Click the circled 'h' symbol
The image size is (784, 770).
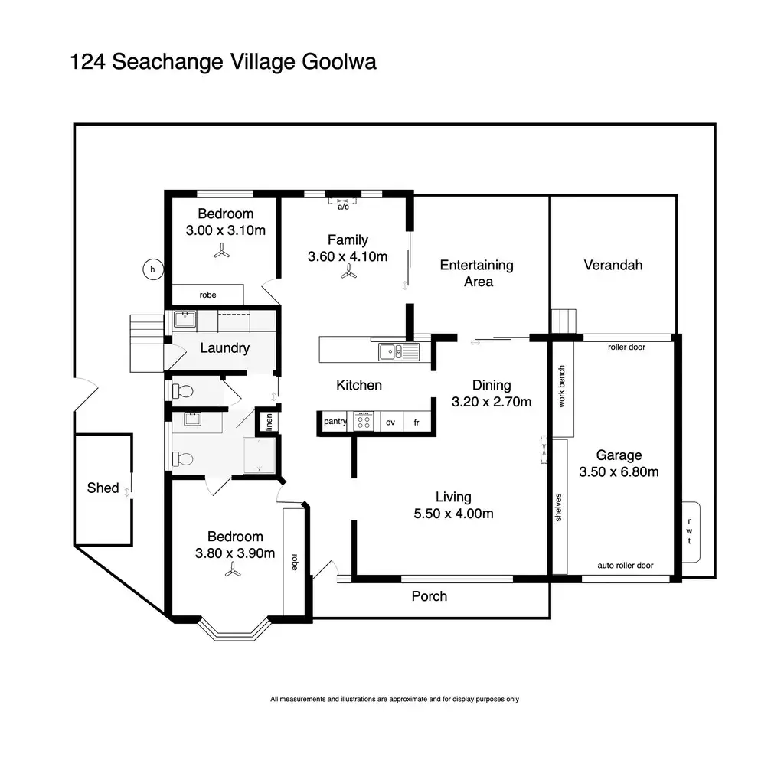point(152,269)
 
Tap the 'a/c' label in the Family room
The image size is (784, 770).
point(343,207)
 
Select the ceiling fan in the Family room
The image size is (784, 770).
point(348,271)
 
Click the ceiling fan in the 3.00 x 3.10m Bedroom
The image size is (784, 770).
point(222,250)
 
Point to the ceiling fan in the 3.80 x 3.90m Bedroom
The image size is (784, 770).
point(233,569)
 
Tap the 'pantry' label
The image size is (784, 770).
point(335,422)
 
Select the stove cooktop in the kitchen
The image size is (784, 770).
point(363,422)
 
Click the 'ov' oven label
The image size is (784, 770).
point(390,422)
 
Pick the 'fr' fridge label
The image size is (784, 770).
point(416,422)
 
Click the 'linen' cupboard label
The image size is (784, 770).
point(269,423)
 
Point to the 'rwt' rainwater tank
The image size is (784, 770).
point(689,531)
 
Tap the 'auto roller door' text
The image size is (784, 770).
point(625,566)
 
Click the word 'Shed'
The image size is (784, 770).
point(103,488)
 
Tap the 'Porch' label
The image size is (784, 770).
point(429,596)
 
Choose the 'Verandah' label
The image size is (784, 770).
point(612,265)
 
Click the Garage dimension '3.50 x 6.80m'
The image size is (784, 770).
point(619,471)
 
